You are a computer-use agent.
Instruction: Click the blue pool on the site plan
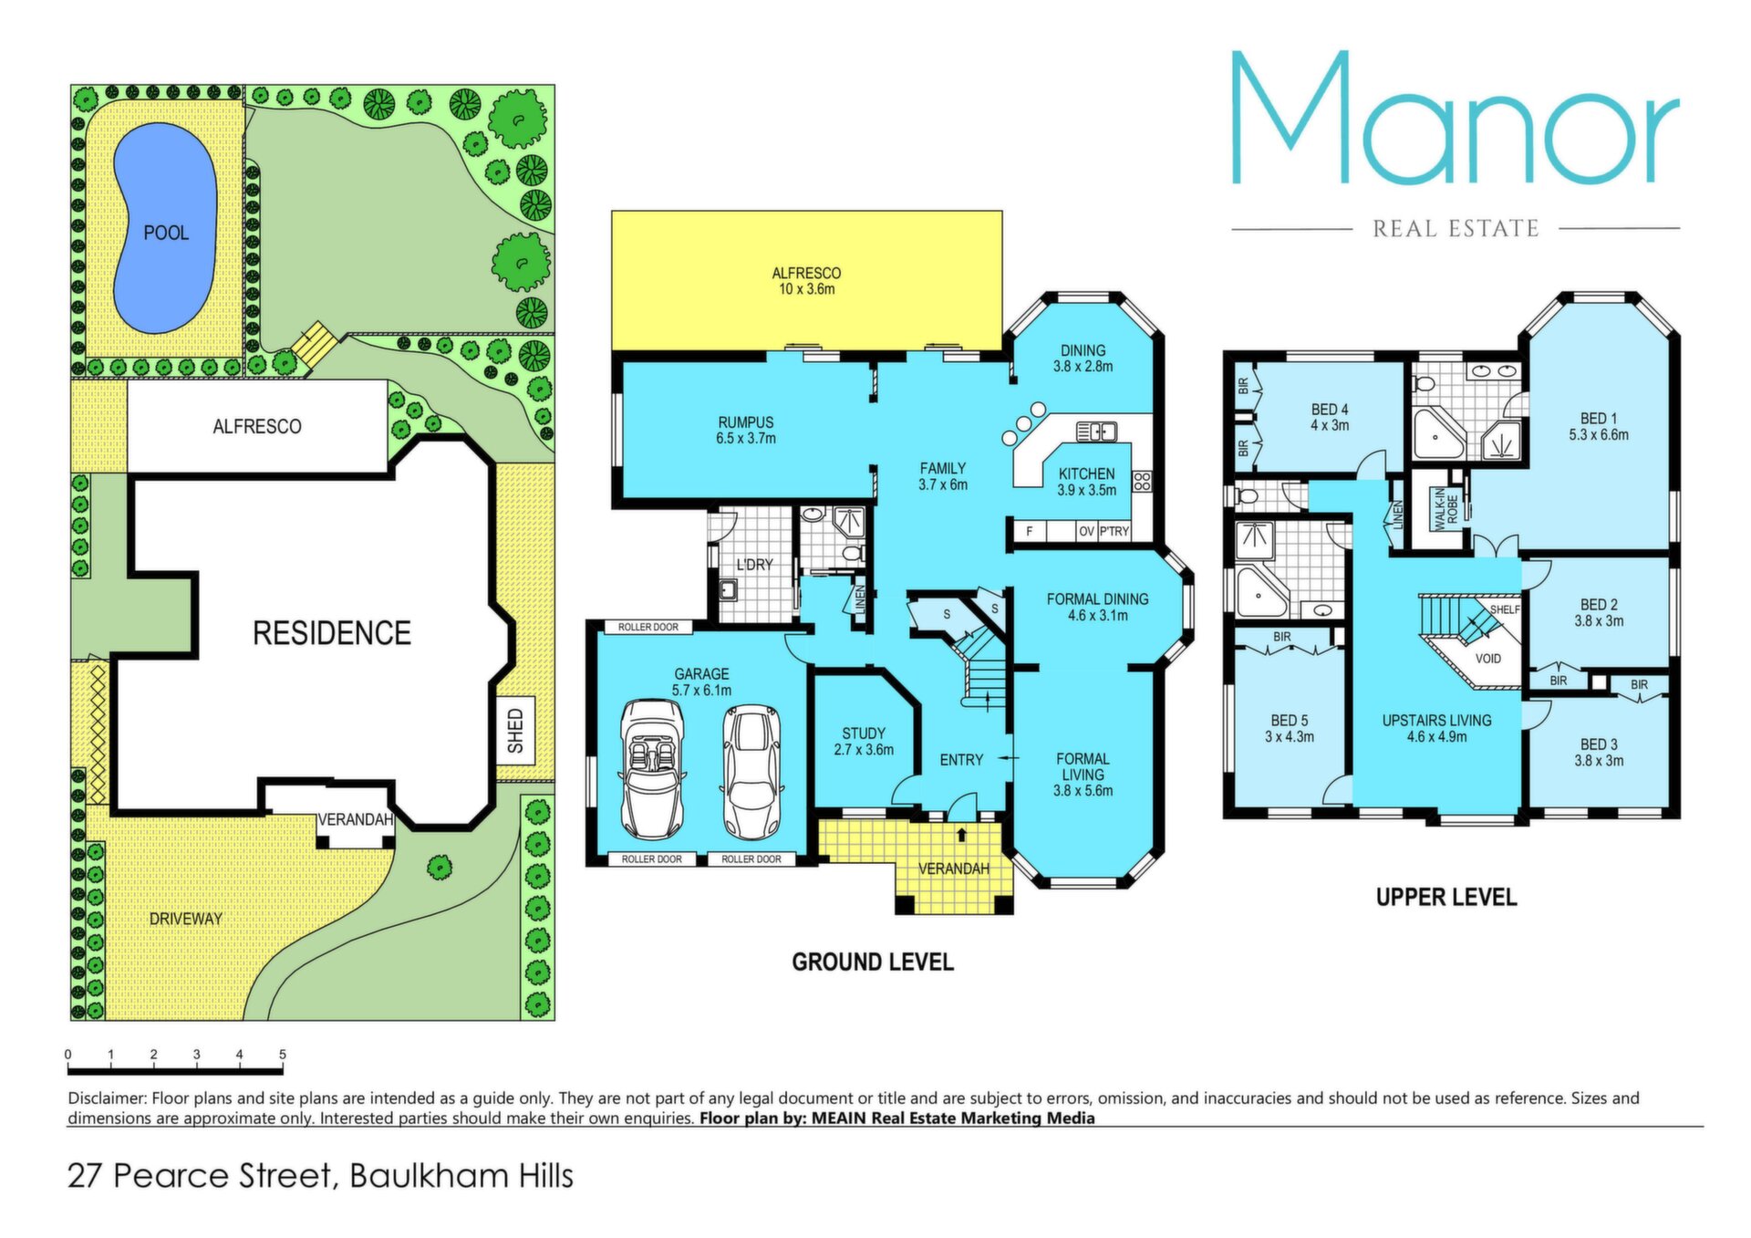pos(165,228)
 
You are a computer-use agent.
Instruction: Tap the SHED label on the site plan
pos(516,731)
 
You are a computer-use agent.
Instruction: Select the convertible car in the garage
pos(652,769)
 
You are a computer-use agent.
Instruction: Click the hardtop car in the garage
pos(751,772)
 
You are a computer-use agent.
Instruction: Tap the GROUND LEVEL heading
pos(873,962)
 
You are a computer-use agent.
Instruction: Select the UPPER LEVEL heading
pos(1446,898)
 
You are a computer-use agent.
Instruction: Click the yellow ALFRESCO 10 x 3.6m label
pos(806,281)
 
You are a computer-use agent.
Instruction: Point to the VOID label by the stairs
pos(1487,659)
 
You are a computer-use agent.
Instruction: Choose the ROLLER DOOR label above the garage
pos(648,628)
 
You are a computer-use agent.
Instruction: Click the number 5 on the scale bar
pos(283,1055)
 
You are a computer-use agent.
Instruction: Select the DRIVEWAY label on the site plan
pos(186,919)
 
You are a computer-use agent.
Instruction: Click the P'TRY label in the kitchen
pos(1114,531)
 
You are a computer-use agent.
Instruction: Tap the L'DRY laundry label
pos(754,565)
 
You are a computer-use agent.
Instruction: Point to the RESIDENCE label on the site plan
pos(332,633)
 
